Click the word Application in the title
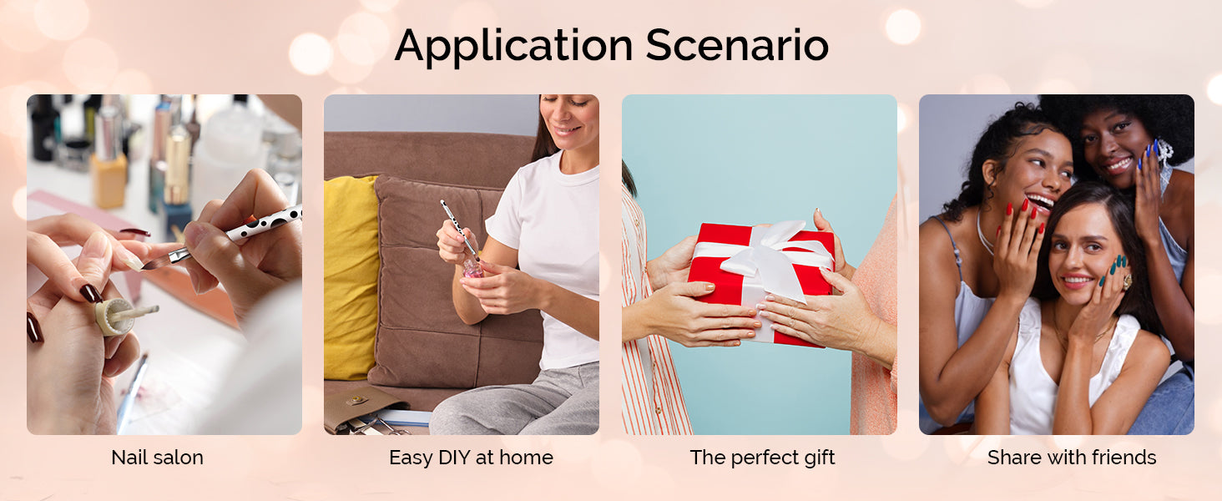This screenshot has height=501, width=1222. [513, 47]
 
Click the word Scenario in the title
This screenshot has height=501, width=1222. [737, 45]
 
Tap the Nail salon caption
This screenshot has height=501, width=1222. [157, 458]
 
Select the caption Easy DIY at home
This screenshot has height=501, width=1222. [471, 458]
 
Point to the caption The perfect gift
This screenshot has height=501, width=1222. [762, 458]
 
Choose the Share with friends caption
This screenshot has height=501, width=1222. [1072, 458]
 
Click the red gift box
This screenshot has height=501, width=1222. [761, 283]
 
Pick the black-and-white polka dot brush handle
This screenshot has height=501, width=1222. [264, 224]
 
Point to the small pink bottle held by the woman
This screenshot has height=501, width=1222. [472, 268]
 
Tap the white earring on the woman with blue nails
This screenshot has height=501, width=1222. [1163, 151]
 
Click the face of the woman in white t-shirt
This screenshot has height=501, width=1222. [570, 120]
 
